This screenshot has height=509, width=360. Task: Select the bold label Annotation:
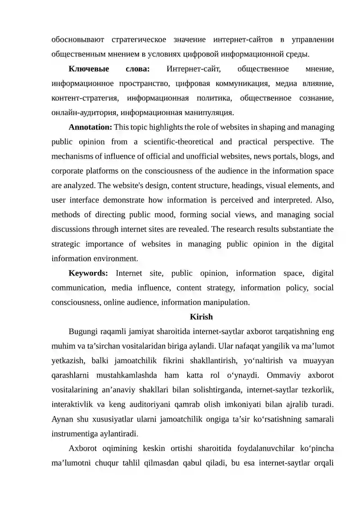[x=90, y=127]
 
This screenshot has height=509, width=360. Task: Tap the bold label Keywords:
[x=88, y=273]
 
